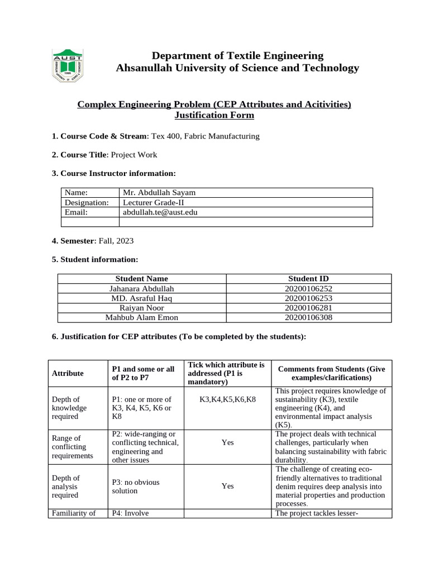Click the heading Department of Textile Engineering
[x=237, y=55]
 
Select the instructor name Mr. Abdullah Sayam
[x=159, y=192]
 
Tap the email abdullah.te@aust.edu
[x=160, y=212]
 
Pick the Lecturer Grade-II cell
[x=154, y=202]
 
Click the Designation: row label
[x=86, y=202]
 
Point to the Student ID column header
[x=308, y=278]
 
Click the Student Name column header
[x=141, y=278]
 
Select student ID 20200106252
[x=308, y=288]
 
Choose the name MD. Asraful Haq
[x=142, y=298]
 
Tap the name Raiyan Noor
[x=142, y=308]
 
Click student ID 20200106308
[x=308, y=317]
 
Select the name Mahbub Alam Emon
[x=142, y=317]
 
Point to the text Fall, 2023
[x=116, y=241]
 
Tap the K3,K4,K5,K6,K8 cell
[x=227, y=399]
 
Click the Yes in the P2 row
[x=227, y=442]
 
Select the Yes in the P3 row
[x=227, y=486]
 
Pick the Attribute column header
[x=68, y=373]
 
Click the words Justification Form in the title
[x=214, y=116]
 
